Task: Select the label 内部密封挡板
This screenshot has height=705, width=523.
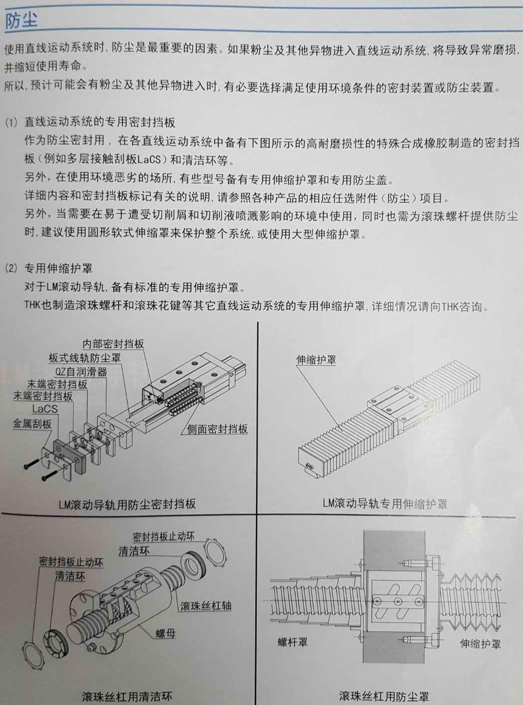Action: click(113, 344)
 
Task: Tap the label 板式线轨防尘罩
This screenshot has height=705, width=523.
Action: click(85, 357)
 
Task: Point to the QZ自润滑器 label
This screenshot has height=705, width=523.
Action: click(81, 371)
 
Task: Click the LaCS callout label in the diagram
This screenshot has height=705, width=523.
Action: click(45, 409)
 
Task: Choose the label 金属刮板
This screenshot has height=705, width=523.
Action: click(32, 424)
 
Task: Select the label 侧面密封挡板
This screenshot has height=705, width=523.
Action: click(217, 429)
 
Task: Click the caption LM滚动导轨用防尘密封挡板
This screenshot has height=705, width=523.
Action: click(127, 504)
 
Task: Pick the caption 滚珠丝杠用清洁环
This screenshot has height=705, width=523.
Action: click(127, 696)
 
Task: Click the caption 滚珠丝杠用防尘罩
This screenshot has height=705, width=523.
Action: click(384, 696)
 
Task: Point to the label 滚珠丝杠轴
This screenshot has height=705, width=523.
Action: click(205, 606)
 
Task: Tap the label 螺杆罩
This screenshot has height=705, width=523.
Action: click(292, 642)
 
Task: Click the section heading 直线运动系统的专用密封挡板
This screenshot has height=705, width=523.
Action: click(100, 122)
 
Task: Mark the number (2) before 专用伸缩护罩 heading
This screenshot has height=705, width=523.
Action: click(11, 268)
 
